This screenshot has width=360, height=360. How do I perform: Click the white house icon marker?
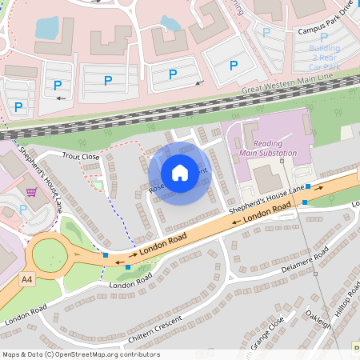[x=180, y=172]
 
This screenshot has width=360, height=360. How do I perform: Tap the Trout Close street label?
[x=81, y=157]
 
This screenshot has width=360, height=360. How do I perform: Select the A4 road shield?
[x=28, y=279]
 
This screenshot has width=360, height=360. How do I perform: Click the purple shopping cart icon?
[x=32, y=192]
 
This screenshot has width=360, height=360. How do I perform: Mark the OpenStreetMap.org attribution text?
[x=80, y=354]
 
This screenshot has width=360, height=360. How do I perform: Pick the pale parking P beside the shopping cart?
[x=23, y=209]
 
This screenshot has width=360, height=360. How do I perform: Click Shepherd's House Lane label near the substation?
[x=266, y=198]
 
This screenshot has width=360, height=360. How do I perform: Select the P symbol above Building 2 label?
[x=323, y=37]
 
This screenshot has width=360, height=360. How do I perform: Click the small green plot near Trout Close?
[x=97, y=185]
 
